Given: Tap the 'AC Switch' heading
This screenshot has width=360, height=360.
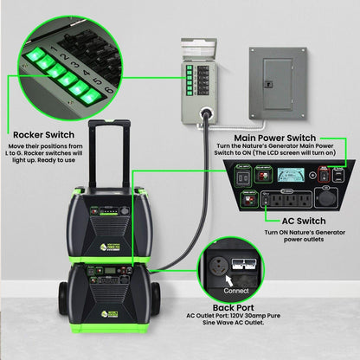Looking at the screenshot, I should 286,221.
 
